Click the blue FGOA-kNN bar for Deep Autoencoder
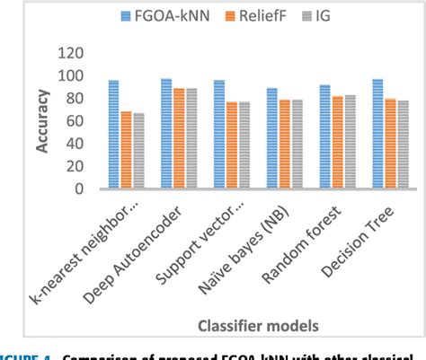(x=166, y=134)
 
